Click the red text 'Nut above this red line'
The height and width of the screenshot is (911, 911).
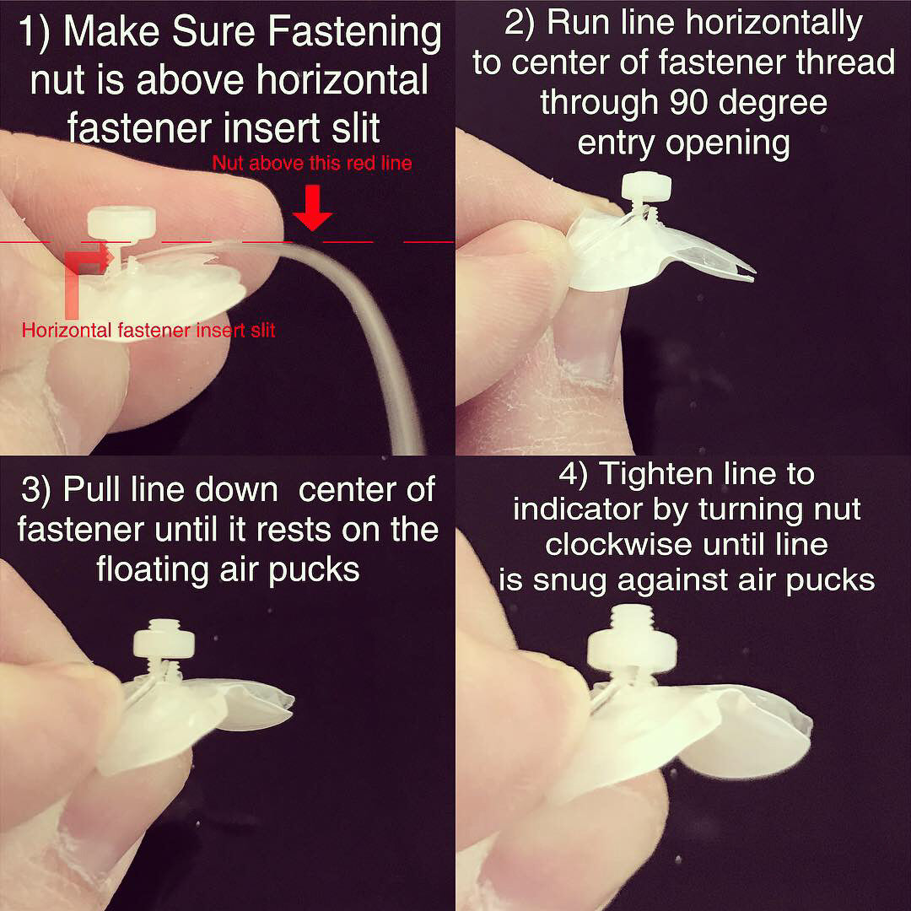(312, 163)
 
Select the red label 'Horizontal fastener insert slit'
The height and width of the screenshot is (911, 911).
(148, 330)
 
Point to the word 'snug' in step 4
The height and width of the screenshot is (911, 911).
(673, 580)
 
